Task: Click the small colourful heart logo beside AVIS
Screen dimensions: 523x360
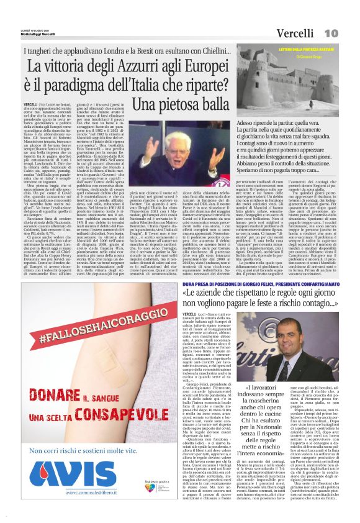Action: tap(146, 493)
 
